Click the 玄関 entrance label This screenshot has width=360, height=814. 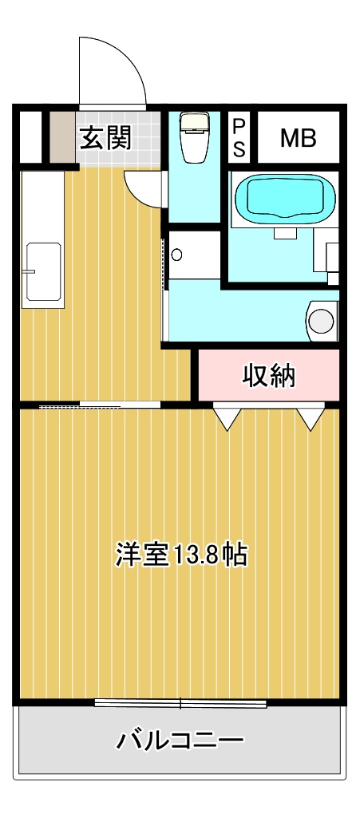click(x=105, y=137)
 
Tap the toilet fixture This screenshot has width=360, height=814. click(x=194, y=137)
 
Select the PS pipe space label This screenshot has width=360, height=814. click(x=239, y=137)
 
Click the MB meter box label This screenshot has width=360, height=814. click(x=299, y=138)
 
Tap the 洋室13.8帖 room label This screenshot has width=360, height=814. click(x=180, y=555)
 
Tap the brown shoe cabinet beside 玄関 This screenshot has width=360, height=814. click(x=63, y=137)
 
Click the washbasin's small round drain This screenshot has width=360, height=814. click(x=177, y=255)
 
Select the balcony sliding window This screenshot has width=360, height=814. click(x=180, y=703)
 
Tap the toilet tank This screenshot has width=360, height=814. click(x=194, y=121)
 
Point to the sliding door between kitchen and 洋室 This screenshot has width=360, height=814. click(x=100, y=405)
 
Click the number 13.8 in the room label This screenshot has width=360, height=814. click(x=190, y=555)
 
